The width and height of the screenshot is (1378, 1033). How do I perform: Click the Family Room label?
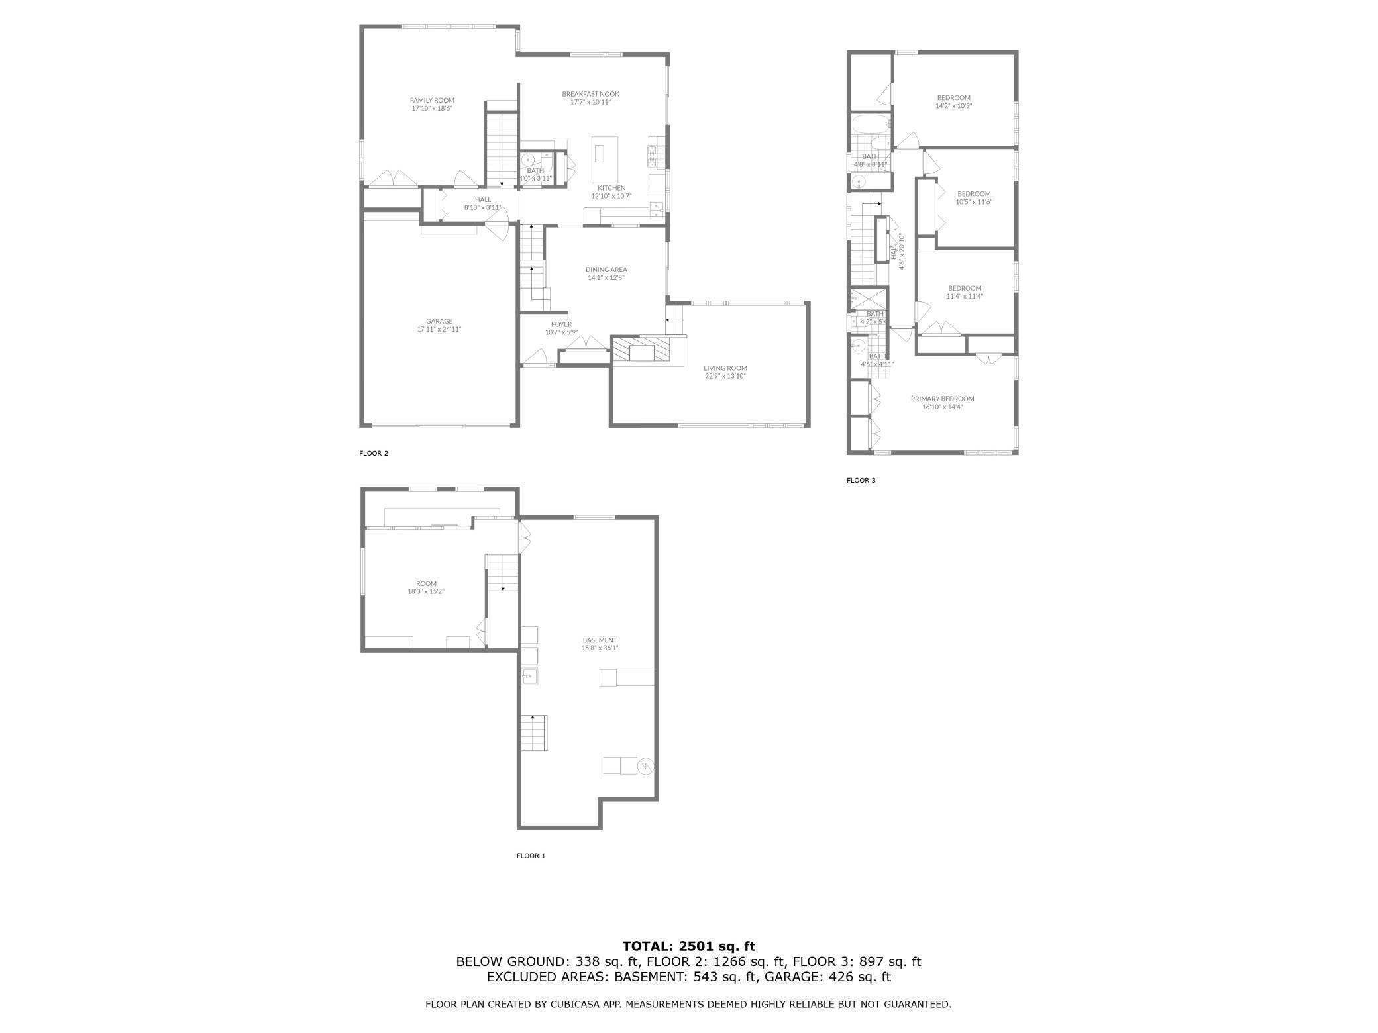432,101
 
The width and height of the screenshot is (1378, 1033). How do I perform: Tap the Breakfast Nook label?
590,94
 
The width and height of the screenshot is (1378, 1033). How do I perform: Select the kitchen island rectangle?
605,160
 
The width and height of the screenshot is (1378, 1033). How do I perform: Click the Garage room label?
439,322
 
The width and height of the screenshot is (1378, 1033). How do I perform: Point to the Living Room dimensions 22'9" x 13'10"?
725,377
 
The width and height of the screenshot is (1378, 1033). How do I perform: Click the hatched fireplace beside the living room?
641,350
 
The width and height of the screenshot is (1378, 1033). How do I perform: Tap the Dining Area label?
606,270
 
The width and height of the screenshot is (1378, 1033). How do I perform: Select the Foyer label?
561,324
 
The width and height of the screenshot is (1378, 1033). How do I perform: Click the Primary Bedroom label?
942,399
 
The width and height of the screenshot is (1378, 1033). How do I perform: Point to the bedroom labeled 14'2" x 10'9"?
953,102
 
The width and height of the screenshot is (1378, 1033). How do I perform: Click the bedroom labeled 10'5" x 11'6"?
974,198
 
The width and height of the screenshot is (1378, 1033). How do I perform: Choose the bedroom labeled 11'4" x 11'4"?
964,292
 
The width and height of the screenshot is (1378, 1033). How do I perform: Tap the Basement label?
600,640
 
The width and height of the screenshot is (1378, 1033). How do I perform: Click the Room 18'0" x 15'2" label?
426,584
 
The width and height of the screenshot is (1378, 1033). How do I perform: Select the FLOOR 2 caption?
374,454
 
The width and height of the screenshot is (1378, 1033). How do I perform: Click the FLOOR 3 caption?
861,481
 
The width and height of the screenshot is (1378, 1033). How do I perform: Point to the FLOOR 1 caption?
531,856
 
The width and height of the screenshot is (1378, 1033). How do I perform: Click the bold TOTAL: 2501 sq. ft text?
688,946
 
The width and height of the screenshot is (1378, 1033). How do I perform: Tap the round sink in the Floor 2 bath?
529,160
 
